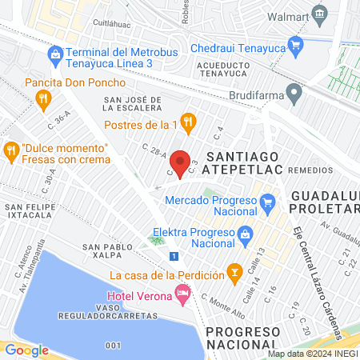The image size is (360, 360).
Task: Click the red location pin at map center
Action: [181, 163]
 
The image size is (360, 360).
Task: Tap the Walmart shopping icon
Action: [320, 14]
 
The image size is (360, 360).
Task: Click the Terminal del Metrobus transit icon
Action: [55, 54]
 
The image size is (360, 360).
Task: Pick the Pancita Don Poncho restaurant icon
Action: [43, 99]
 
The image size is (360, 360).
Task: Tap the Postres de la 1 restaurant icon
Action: [189, 121]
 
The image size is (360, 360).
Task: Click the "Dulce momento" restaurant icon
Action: [11, 149]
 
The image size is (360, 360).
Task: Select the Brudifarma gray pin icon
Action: [294, 93]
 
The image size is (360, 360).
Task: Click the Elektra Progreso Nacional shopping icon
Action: [245, 234]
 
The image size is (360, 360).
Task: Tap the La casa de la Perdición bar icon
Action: [234, 274]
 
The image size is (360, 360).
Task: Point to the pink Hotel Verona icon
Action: [184, 296]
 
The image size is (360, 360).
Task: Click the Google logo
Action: [26, 350]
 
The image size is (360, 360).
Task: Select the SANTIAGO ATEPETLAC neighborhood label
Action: [242, 163]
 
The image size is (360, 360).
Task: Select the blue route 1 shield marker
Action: [174, 255]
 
